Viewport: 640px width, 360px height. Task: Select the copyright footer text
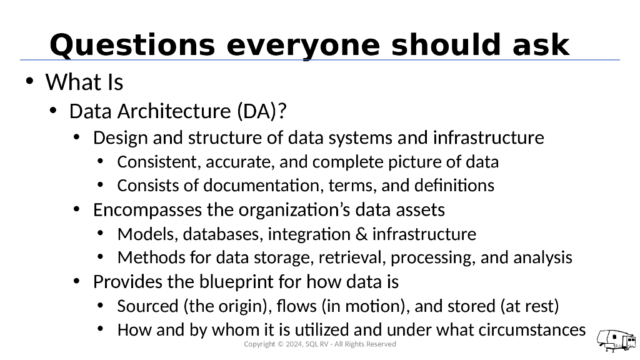(319, 344)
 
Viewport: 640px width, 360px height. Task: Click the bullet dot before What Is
(28, 82)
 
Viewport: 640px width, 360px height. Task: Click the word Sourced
(147, 306)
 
